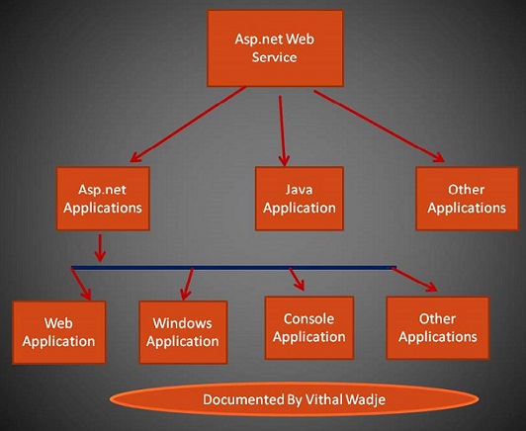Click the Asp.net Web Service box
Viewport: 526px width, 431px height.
click(274, 48)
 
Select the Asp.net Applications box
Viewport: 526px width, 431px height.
click(102, 197)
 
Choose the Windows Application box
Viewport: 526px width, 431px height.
click(183, 332)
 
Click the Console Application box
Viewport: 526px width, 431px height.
click(308, 327)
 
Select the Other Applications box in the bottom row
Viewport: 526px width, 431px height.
click(437, 328)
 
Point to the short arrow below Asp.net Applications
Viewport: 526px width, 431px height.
click(101, 246)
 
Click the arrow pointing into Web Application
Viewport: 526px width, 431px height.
click(83, 285)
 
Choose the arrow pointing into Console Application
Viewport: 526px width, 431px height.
click(295, 279)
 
